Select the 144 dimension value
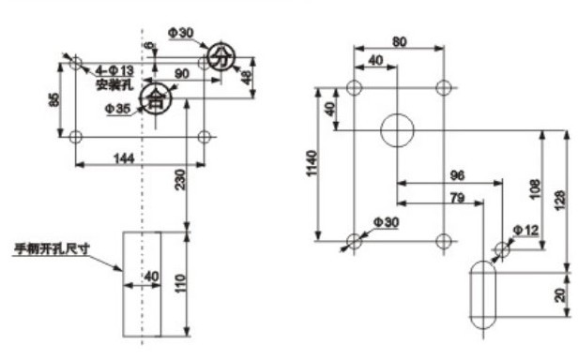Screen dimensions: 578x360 [x=124, y=158]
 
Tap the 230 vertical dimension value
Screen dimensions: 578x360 [x=180, y=179]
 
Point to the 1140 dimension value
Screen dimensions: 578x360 [x=312, y=163]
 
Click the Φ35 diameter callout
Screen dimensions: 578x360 [x=117, y=109]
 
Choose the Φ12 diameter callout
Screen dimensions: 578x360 [x=526, y=231]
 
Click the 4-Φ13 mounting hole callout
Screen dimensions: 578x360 [x=114, y=70]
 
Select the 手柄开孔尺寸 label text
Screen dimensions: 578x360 [x=52, y=249]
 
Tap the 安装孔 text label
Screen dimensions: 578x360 [x=114, y=84]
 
